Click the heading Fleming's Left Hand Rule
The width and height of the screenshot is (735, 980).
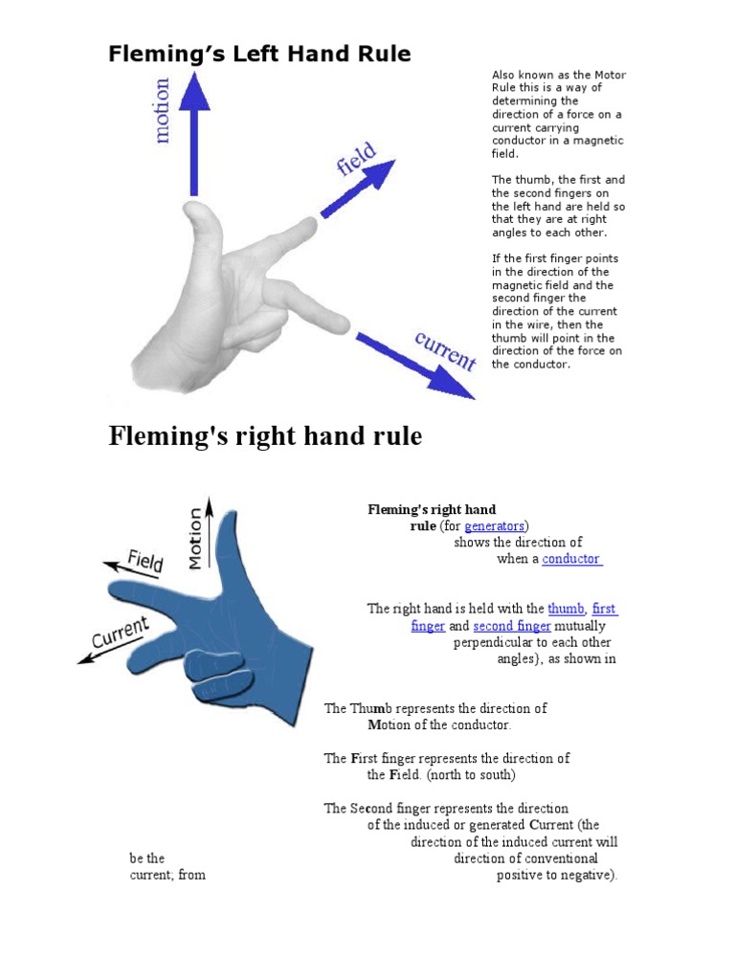click(259, 55)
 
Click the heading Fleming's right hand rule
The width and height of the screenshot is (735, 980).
click(265, 436)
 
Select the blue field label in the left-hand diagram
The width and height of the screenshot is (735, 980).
click(356, 160)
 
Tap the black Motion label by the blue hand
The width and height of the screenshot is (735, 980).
click(195, 538)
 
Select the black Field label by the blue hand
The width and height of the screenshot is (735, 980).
click(145, 561)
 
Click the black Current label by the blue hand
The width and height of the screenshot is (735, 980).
click(121, 632)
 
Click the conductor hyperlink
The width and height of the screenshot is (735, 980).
click(571, 559)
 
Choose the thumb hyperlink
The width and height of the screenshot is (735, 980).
click(566, 609)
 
